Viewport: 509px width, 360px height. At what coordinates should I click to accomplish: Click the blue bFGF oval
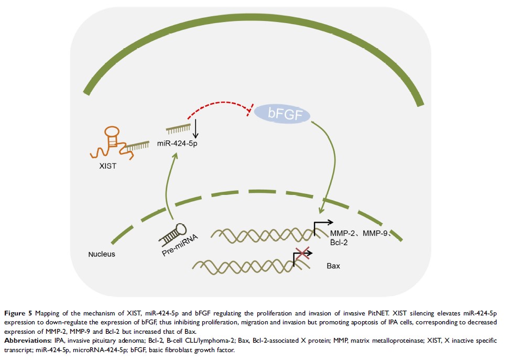tap(283, 114)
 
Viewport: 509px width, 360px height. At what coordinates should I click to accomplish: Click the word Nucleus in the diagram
tap(102, 255)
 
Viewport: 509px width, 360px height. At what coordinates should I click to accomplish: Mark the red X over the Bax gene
tap(300, 254)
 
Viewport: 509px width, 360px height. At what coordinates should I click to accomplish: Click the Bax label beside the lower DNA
tap(333, 266)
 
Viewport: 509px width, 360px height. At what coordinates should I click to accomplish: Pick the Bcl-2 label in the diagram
tap(339, 243)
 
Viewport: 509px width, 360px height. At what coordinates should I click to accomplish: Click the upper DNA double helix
tap(262, 233)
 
